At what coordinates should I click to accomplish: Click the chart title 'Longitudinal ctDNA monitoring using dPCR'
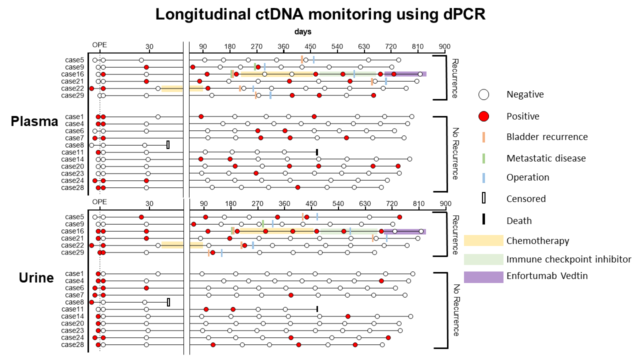[320, 14]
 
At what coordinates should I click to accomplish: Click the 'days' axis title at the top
[303, 31]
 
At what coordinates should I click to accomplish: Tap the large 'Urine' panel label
[36, 277]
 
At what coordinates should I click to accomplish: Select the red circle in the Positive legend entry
[483, 116]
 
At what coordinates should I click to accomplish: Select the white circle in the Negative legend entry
[483, 94]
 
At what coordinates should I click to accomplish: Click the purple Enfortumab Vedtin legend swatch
[483, 276]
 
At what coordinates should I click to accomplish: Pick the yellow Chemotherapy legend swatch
[483, 240]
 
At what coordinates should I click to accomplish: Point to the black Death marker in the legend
[483, 220]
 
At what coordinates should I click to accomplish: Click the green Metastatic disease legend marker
[483, 158]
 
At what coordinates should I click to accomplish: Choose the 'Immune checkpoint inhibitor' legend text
[568, 259]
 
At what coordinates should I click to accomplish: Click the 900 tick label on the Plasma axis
[444, 47]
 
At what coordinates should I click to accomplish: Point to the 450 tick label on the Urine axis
[311, 203]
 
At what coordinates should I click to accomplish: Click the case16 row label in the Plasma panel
[72, 74]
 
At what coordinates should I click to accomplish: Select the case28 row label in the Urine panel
[72, 344]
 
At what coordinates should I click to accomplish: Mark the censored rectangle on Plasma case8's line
[168, 145]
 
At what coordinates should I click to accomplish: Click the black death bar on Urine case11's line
[317, 309]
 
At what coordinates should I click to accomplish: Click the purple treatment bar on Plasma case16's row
[405, 74]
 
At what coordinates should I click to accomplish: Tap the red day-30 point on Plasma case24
[146, 180]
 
